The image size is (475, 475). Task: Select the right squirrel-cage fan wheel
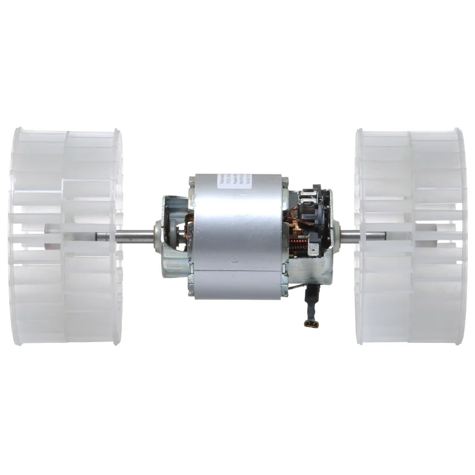pyautogui.click(x=410, y=236)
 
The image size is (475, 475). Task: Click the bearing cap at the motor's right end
pyautogui.click(x=336, y=235)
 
